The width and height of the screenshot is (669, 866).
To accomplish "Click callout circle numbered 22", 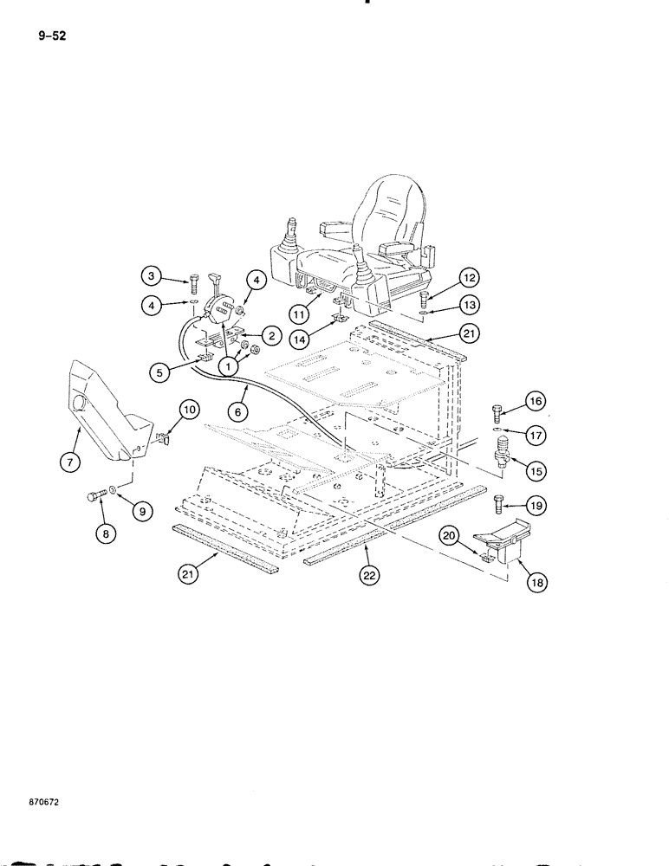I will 371,573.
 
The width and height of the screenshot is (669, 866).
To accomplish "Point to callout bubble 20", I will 451,537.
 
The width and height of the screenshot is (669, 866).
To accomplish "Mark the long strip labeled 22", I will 399,535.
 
